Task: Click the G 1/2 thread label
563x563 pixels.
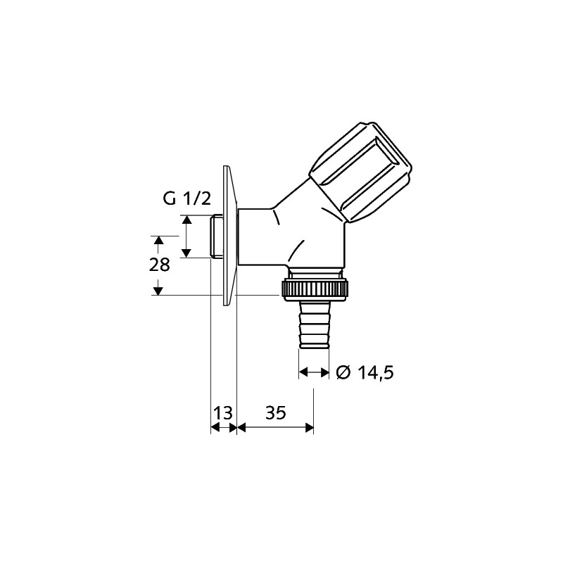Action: (186, 199)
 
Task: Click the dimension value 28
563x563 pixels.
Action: (160, 265)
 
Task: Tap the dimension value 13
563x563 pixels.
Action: (223, 413)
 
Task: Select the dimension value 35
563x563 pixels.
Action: (276, 413)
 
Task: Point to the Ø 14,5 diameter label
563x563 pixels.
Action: (365, 373)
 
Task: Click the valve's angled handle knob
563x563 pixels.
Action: (360, 172)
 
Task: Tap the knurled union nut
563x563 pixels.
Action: (315, 289)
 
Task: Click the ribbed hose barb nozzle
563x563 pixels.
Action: (314, 325)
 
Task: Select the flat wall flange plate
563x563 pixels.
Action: (230, 236)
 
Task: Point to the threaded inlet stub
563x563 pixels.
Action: (216, 236)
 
